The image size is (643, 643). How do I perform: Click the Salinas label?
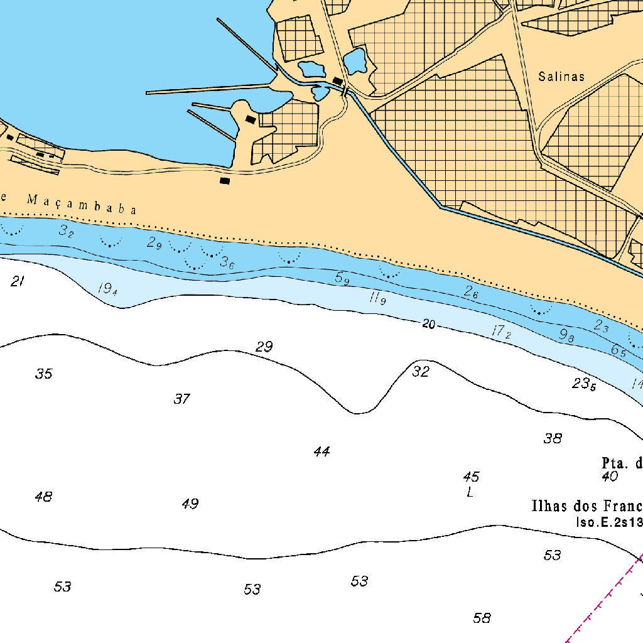point(561,77)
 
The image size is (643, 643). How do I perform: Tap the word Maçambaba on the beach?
point(82,205)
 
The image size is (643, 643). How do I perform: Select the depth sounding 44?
point(321,451)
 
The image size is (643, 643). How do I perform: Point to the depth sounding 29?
point(264,347)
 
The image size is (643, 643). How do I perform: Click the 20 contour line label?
point(428,324)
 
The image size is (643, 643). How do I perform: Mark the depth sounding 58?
point(482,619)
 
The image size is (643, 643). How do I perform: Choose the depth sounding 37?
point(181,399)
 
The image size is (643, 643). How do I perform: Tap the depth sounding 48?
point(43,497)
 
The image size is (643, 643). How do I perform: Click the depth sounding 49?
point(190,504)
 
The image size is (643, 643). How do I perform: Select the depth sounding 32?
point(420,372)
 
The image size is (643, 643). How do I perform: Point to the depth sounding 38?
point(552,438)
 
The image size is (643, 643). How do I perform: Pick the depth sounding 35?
point(43,374)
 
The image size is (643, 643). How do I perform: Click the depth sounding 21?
point(18,281)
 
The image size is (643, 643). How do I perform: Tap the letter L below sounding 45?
point(470,492)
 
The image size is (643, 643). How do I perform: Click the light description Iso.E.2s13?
point(608,522)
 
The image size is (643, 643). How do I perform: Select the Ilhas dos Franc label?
point(586,506)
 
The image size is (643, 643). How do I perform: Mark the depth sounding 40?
point(609,477)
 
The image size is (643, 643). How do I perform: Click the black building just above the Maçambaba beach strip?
point(225,181)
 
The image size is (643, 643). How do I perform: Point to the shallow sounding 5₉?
point(342,278)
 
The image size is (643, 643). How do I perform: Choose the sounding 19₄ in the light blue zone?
point(108,289)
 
